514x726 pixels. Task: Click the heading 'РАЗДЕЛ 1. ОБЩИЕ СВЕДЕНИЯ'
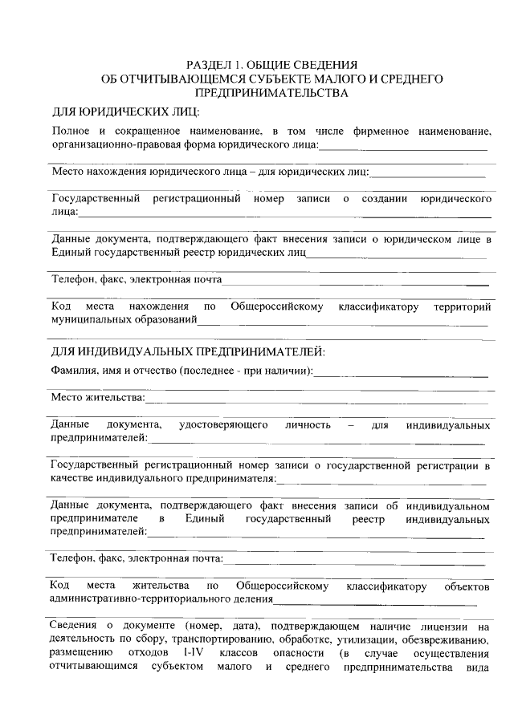pyautogui.click(x=271, y=65)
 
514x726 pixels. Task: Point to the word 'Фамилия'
pyautogui.click(x=71, y=371)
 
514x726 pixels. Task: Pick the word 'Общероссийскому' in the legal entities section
pyautogui.click(x=277, y=306)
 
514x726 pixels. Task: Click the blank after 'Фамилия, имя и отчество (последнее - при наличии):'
pyautogui.click(x=401, y=374)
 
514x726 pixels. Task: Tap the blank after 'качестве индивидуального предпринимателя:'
pyautogui.click(x=381, y=482)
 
